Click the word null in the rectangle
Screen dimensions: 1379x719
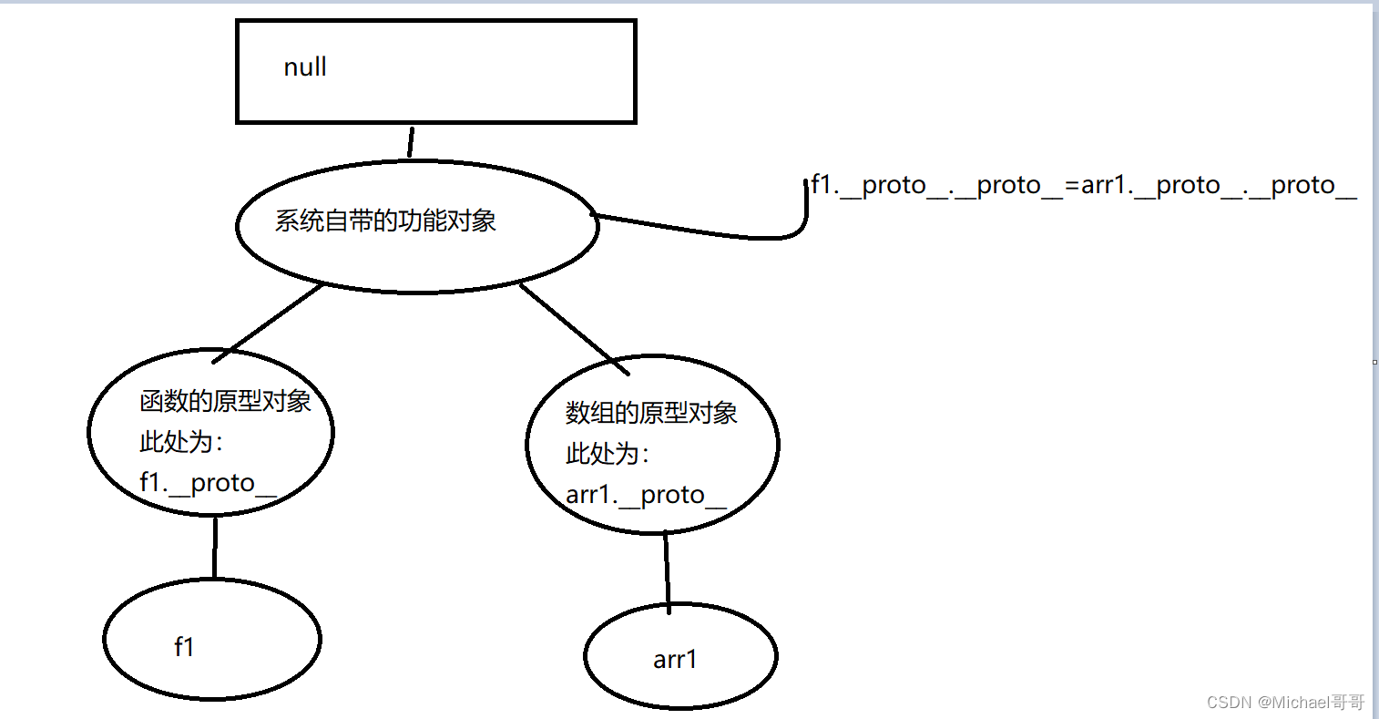(x=305, y=67)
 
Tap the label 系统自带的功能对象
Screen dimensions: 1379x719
(x=385, y=221)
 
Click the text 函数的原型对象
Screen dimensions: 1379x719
(x=225, y=402)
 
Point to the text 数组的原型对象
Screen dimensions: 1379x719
(x=651, y=414)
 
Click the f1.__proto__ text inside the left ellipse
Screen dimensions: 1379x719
(x=208, y=483)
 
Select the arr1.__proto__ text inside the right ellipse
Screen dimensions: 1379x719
(x=646, y=495)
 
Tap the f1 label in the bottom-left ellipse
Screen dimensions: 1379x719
(x=184, y=647)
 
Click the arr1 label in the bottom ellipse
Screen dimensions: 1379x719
(x=675, y=660)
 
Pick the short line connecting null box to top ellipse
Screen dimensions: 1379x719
(x=411, y=141)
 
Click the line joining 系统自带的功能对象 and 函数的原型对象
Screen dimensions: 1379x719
(x=274, y=319)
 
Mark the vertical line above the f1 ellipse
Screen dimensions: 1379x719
(x=215, y=547)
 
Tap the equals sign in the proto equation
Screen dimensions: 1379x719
(x=1072, y=186)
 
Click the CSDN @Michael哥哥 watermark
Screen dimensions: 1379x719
(x=1285, y=702)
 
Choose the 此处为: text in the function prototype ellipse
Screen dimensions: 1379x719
(x=181, y=443)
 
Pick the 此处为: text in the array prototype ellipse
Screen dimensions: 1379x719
(x=608, y=454)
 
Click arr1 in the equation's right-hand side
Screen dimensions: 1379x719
(x=1103, y=186)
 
